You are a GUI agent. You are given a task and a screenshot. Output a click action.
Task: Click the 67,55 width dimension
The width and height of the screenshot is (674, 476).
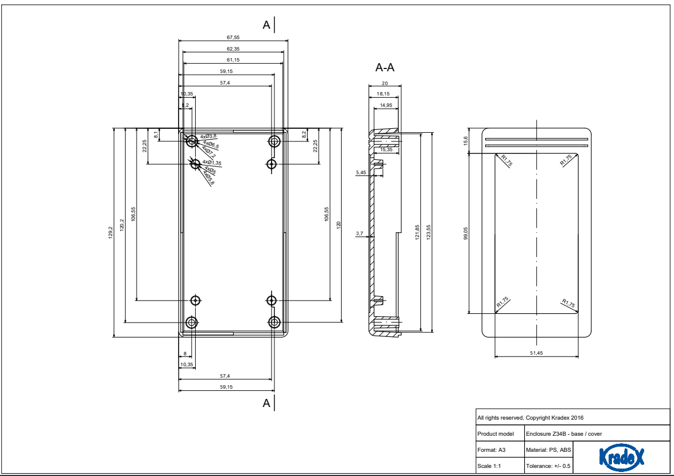233,37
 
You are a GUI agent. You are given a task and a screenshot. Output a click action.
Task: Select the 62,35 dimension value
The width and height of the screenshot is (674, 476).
233,49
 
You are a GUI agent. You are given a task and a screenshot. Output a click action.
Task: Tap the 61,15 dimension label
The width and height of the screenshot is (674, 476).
233,60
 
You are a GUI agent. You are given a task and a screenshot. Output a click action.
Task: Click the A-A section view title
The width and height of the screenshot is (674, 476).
385,68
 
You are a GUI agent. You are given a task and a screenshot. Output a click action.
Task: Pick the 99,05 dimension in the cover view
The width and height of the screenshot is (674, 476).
466,233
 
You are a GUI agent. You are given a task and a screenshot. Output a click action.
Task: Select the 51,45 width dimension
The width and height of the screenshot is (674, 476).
536,353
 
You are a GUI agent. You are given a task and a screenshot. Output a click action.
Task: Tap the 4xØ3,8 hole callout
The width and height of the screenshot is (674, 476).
208,136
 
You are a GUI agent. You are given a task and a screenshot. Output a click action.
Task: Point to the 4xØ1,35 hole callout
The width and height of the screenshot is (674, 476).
211,163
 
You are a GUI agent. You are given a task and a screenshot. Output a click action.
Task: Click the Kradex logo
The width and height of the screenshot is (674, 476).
621,457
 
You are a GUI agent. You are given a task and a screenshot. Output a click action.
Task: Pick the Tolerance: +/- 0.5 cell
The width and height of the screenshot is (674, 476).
548,466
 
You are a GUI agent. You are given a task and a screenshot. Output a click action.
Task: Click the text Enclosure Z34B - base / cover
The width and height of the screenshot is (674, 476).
564,433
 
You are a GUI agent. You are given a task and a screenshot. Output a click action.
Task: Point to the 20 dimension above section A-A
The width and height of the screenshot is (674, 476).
385,83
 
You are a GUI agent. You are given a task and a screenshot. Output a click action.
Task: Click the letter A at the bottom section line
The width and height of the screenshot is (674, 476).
266,403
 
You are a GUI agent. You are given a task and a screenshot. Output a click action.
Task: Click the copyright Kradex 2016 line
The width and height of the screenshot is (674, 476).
530,417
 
